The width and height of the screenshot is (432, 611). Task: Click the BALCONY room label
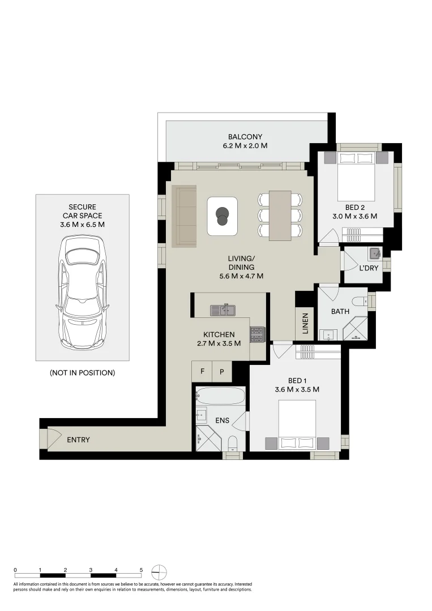coord(245,137)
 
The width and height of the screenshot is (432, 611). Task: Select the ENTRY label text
coord(78,440)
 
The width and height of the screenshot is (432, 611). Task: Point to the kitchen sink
coord(223,309)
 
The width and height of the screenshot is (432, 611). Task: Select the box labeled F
coord(202,372)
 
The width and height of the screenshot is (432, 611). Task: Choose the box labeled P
coord(222,372)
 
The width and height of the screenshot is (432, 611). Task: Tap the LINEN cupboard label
coord(305,324)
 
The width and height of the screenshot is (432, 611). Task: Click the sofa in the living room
coord(184,216)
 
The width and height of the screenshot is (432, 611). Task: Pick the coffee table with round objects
coord(222,216)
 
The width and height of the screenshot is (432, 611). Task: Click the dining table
coord(280,215)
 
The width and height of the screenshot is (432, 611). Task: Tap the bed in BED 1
coord(296,425)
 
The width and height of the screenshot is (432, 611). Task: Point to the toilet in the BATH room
coord(358,300)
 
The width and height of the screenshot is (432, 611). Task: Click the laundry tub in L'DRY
coord(374,253)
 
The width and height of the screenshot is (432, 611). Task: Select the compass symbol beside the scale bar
coord(160,572)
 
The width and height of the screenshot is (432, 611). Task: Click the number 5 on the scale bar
coord(141,570)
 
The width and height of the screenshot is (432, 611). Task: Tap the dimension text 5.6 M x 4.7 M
coord(242,276)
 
